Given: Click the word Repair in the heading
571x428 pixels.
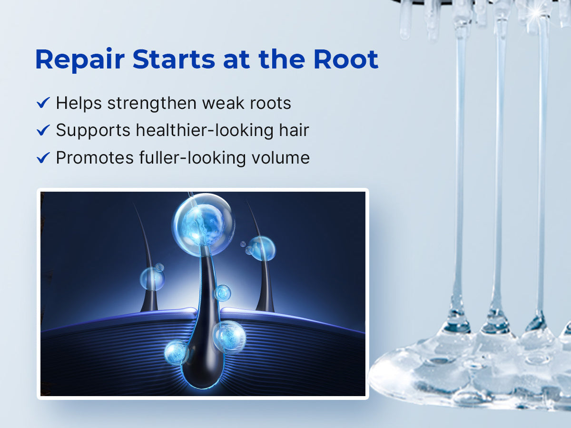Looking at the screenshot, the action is (80, 60).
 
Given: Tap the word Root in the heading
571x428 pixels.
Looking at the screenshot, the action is (346, 59).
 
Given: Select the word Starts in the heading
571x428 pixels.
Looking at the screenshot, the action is (174, 59).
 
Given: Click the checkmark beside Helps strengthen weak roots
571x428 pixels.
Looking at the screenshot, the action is (43, 103).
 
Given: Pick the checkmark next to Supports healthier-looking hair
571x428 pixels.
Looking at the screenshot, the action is (43, 130).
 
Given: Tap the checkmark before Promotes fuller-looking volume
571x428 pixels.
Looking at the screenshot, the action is (43, 157).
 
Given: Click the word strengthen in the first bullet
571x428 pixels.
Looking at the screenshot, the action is (152, 104).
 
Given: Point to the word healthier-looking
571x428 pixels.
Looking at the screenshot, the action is (205, 130).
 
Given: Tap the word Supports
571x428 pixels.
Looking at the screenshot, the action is (93, 131).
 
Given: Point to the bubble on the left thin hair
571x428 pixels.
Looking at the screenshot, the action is (152, 279).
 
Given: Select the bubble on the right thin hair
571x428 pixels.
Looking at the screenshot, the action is (261, 248).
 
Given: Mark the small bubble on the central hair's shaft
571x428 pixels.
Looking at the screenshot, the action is (222, 293).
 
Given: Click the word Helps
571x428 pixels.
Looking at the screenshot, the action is (79, 104).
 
